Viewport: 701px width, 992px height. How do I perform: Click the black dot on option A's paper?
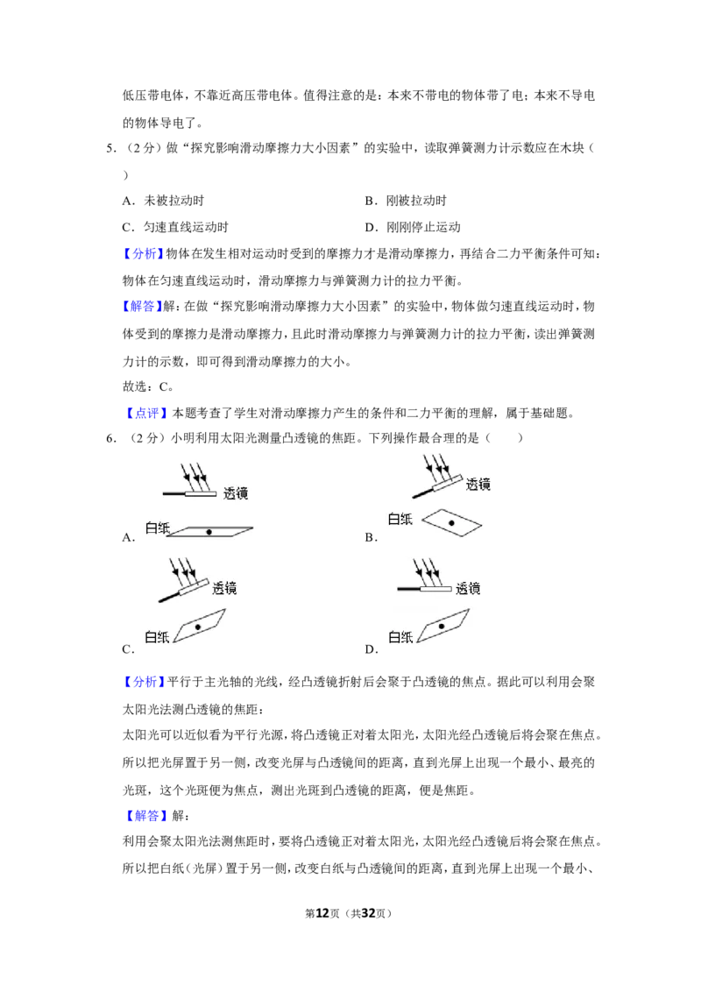click(x=209, y=532)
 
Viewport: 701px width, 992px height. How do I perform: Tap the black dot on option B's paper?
click(x=451, y=523)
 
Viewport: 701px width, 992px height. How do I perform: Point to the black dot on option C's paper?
click(x=198, y=627)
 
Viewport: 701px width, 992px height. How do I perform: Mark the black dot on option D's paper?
click(x=442, y=627)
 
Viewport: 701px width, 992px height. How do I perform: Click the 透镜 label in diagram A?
click(x=236, y=493)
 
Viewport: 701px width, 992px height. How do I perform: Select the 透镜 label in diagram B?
click(x=478, y=485)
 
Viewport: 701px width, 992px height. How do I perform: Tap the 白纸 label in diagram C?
click(x=157, y=637)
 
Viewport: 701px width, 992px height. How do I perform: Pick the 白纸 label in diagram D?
click(x=400, y=637)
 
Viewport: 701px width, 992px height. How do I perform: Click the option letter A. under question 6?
click(x=129, y=538)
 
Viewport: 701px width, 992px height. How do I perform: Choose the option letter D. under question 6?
click(x=372, y=649)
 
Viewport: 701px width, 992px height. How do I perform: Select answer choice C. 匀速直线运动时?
click(x=175, y=227)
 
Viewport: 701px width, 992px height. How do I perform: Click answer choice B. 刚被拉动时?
click(x=406, y=201)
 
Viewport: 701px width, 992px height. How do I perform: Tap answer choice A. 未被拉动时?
click(x=163, y=201)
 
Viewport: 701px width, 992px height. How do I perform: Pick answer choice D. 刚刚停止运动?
click(x=413, y=227)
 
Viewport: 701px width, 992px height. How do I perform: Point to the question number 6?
click(x=111, y=438)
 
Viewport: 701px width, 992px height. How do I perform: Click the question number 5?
click(x=111, y=149)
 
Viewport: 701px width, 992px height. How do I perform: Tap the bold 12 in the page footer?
click(x=322, y=913)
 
